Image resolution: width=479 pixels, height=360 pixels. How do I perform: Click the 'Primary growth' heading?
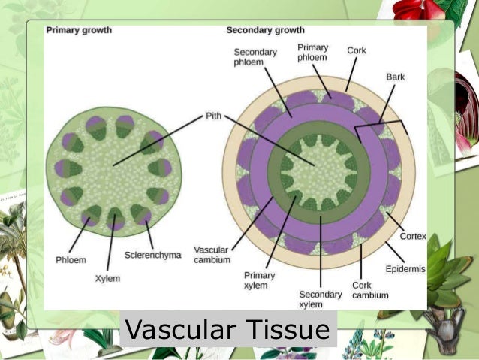point(79,30)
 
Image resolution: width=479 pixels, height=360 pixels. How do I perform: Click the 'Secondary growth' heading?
point(265,30)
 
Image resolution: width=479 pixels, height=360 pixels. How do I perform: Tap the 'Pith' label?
point(214,117)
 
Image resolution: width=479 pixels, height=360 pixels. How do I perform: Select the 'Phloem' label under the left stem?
point(71,260)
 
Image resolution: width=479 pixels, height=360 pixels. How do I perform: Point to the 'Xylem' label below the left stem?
point(108,278)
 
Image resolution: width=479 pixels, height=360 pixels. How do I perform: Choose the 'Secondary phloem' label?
point(255,57)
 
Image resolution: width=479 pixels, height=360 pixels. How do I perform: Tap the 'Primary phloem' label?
point(312,52)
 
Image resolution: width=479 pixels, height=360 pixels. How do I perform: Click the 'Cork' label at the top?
point(357,50)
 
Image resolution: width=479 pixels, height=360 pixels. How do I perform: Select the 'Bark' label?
point(395,77)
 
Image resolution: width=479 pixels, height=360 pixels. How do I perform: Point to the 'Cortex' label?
point(413,236)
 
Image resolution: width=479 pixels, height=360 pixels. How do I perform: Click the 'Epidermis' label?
point(406,268)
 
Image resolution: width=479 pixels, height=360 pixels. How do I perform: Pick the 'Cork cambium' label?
point(370,290)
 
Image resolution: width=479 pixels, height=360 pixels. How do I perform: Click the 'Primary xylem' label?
point(259,280)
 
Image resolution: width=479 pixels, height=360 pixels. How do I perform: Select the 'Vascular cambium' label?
point(211,255)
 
